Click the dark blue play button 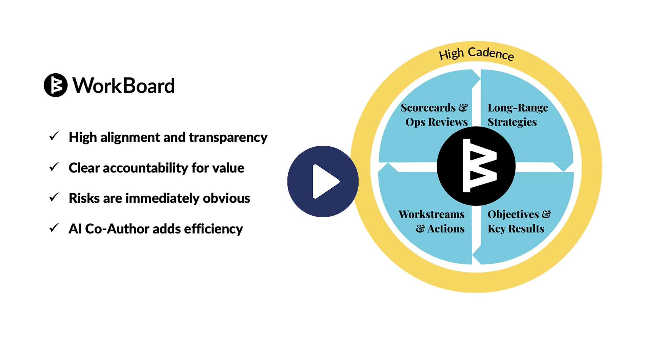[323, 181]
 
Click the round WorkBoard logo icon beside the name [56, 85]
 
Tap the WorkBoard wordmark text [124, 85]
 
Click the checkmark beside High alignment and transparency [54, 136]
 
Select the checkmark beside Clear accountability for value [54, 167]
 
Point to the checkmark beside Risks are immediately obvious [54, 197]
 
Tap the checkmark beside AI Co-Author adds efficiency [54, 228]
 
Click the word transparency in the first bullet [228, 138]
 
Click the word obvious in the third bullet [226, 198]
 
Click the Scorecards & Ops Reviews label [435, 115]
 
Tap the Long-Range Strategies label [518, 115]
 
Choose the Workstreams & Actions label [432, 222]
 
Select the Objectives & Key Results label [519, 222]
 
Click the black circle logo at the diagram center [476, 166]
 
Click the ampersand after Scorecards [463, 108]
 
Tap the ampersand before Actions [420, 229]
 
